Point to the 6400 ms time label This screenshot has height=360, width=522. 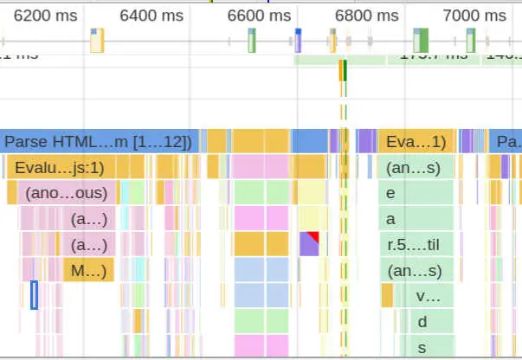(x=151, y=15)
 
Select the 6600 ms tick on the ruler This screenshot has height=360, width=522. (x=259, y=15)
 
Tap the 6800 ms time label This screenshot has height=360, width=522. (x=367, y=15)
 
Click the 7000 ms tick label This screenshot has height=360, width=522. (x=474, y=15)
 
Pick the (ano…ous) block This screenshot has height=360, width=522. (x=65, y=193)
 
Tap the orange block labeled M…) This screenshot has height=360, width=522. (x=88, y=271)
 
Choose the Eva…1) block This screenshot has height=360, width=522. (x=416, y=142)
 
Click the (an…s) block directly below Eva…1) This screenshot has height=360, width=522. (x=416, y=167)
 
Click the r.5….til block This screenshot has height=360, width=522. (x=416, y=245)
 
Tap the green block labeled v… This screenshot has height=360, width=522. (x=428, y=297)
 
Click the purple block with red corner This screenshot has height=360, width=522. (x=310, y=243)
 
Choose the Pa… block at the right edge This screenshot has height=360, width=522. (x=506, y=142)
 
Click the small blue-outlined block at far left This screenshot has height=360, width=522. (x=35, y=295)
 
